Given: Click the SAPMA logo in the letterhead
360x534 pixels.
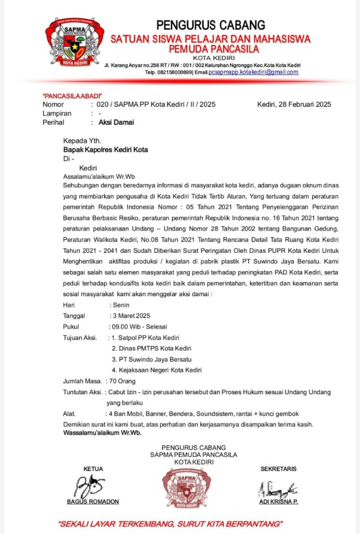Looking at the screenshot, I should pyautogui.click(x=74, y=42).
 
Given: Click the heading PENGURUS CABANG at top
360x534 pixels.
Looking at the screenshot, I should pyautogui.click(x=211, y=25).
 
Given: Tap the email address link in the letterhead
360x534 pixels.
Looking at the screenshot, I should pyautogui.click(x=254, y=72).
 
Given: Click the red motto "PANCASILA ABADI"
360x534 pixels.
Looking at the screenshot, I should pyautogui.click(x=72, y=96).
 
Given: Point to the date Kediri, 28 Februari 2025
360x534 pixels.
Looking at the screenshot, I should pyautogui.click(x=294, y=104).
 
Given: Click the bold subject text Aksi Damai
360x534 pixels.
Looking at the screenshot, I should pyautogui.click(x=116, y=123).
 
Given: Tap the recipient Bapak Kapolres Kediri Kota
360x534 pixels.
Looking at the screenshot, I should pyautogui.click(x=105, y=150).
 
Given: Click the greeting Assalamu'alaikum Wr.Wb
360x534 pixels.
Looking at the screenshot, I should pyautogui.click(x=99, y=176).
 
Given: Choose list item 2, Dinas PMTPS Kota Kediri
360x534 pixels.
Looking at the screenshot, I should pyautogui.click(x=151, y=348).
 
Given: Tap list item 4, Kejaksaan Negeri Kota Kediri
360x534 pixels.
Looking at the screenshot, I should pyautogui.click(x=157, y=370).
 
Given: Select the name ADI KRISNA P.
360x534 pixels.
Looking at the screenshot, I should pyautogui.click(x=279, y=502).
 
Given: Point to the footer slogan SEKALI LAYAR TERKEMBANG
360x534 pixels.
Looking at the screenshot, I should pyautogui.click(x=170, y=523).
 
